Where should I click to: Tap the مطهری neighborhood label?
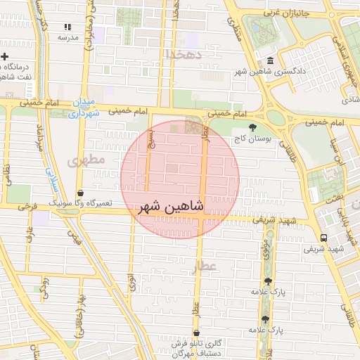86,161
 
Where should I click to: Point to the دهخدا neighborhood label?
185,53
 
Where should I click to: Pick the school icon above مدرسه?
68,27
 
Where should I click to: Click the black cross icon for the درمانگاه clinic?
5,56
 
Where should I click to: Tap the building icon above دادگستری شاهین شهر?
271,60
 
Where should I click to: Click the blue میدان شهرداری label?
83,109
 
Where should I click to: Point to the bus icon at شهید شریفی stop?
324,238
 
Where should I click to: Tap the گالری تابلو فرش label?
199,343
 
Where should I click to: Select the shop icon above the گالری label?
195,332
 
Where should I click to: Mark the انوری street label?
131,283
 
